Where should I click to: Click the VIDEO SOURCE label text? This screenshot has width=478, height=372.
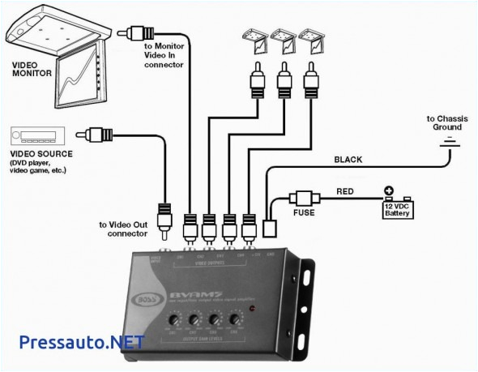point(41,154)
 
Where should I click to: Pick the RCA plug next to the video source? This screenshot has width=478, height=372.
point(102,133)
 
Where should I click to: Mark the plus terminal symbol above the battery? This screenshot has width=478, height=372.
point(389,192)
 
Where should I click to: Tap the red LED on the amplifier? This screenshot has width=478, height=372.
point(254,310)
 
